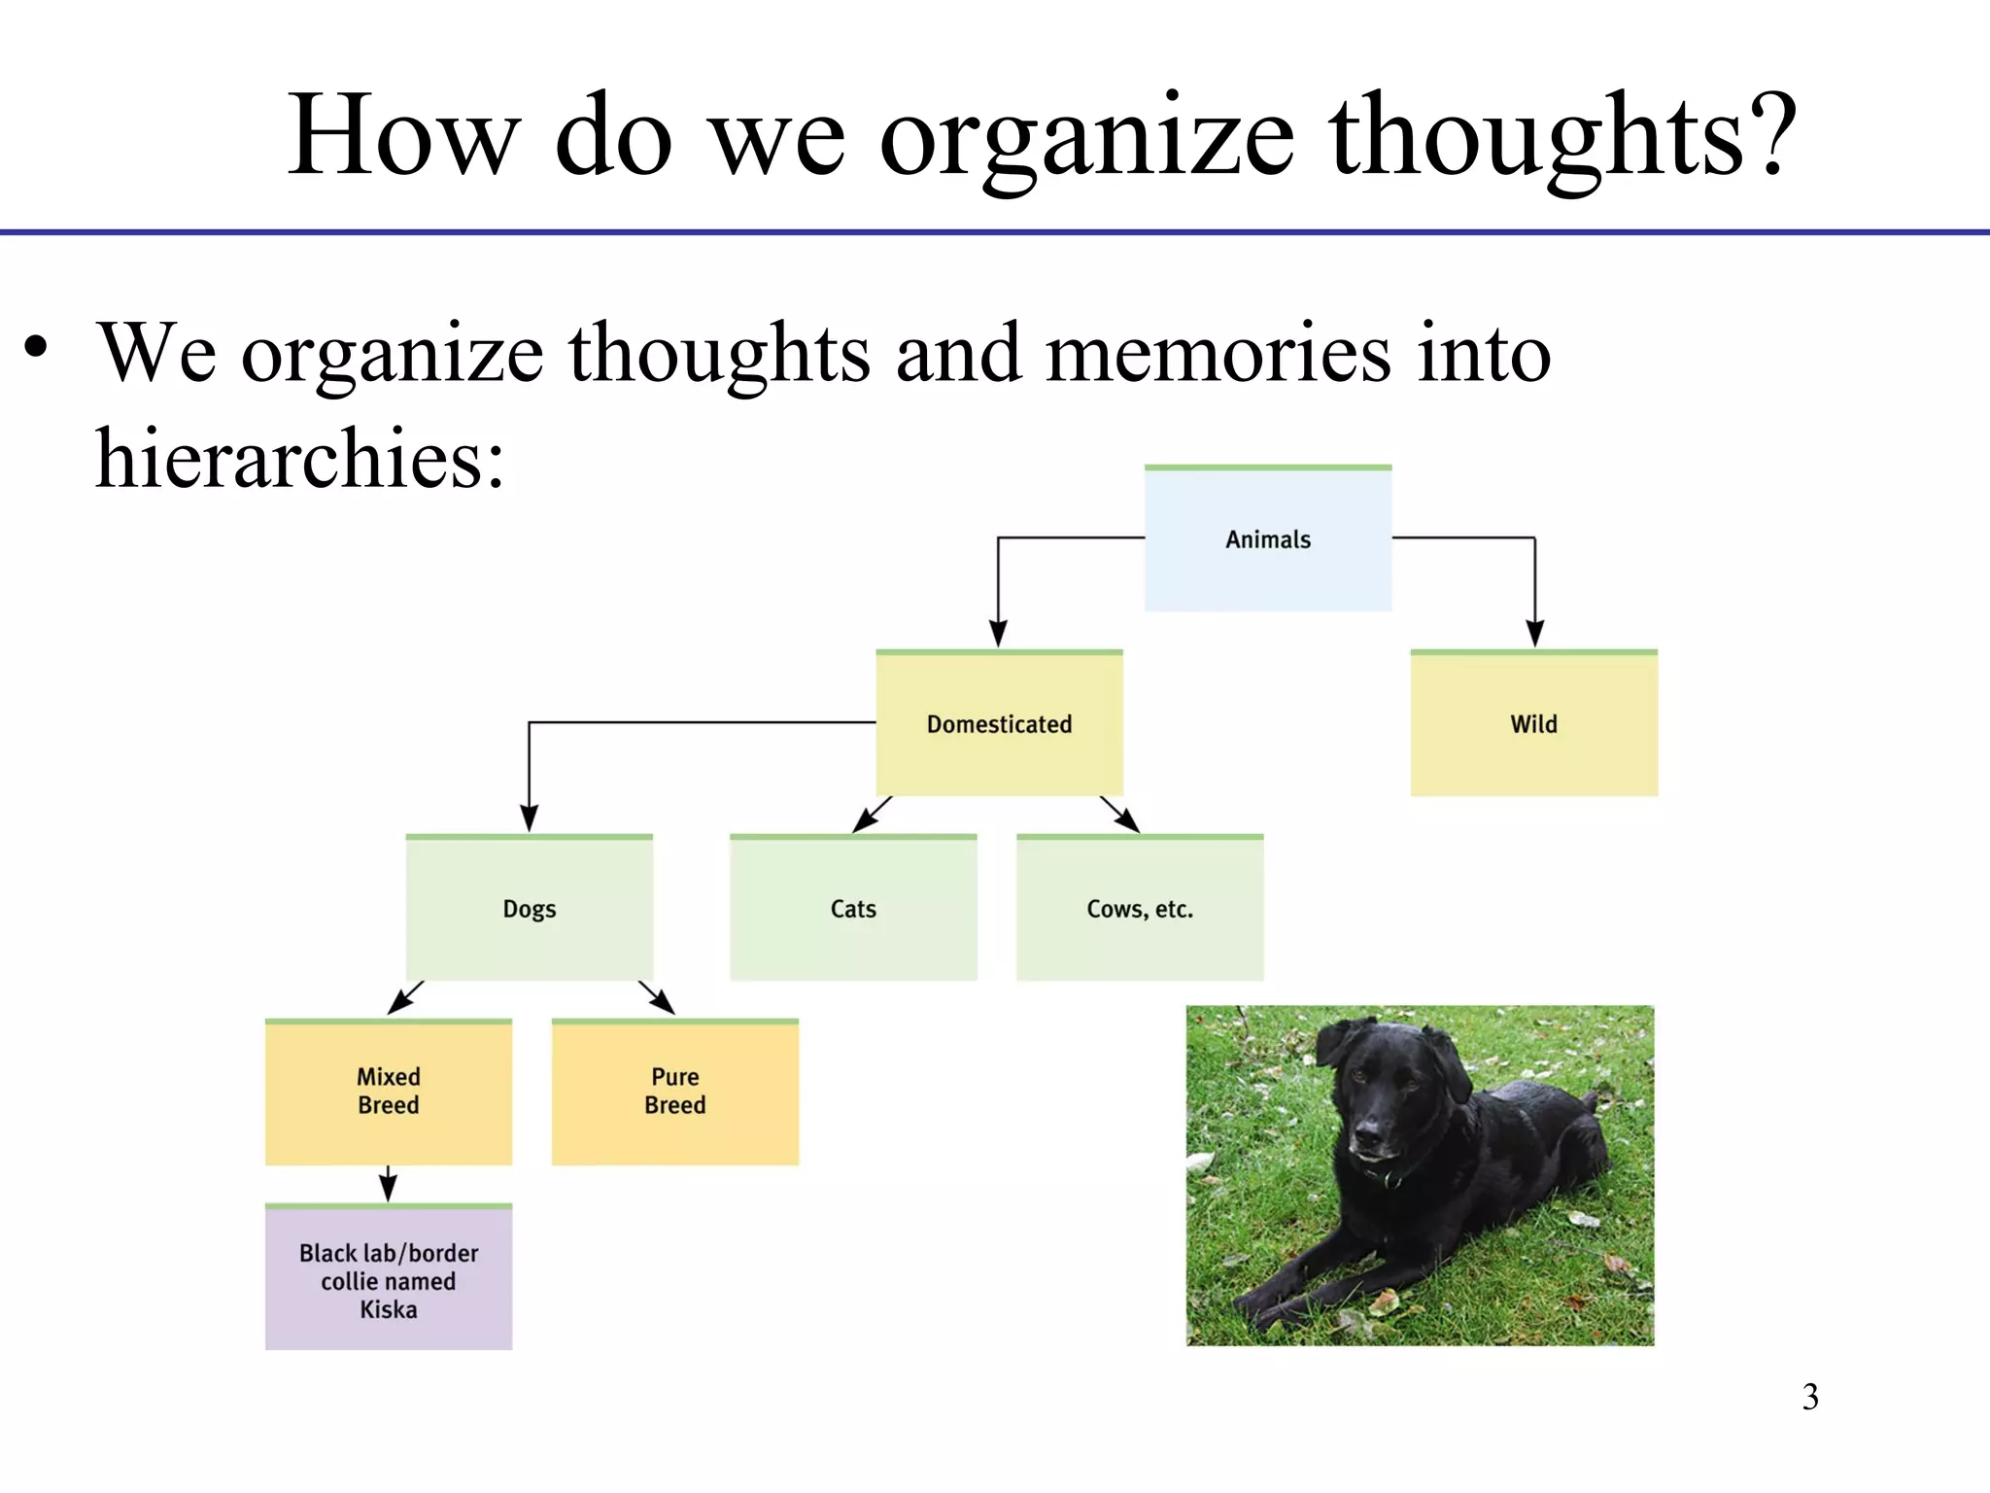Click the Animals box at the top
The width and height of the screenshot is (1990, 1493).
(1267, 539)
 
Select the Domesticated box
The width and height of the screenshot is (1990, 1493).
(999, 724)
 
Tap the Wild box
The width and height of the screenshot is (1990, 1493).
(1533, 724)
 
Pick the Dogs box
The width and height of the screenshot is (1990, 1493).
(529, 909)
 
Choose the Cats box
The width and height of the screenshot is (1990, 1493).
(853, 909)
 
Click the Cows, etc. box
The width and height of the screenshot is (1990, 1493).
(1139, 909)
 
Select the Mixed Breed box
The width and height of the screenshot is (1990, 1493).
(388, 1092)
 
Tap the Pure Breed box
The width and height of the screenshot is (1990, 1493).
(674, 1092)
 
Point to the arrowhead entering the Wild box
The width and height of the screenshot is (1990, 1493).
(1534, 634)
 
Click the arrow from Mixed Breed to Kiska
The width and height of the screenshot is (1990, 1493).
(388, 1185)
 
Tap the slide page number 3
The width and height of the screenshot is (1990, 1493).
(1809, 1398)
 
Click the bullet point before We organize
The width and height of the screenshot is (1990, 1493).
(36, 347)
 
